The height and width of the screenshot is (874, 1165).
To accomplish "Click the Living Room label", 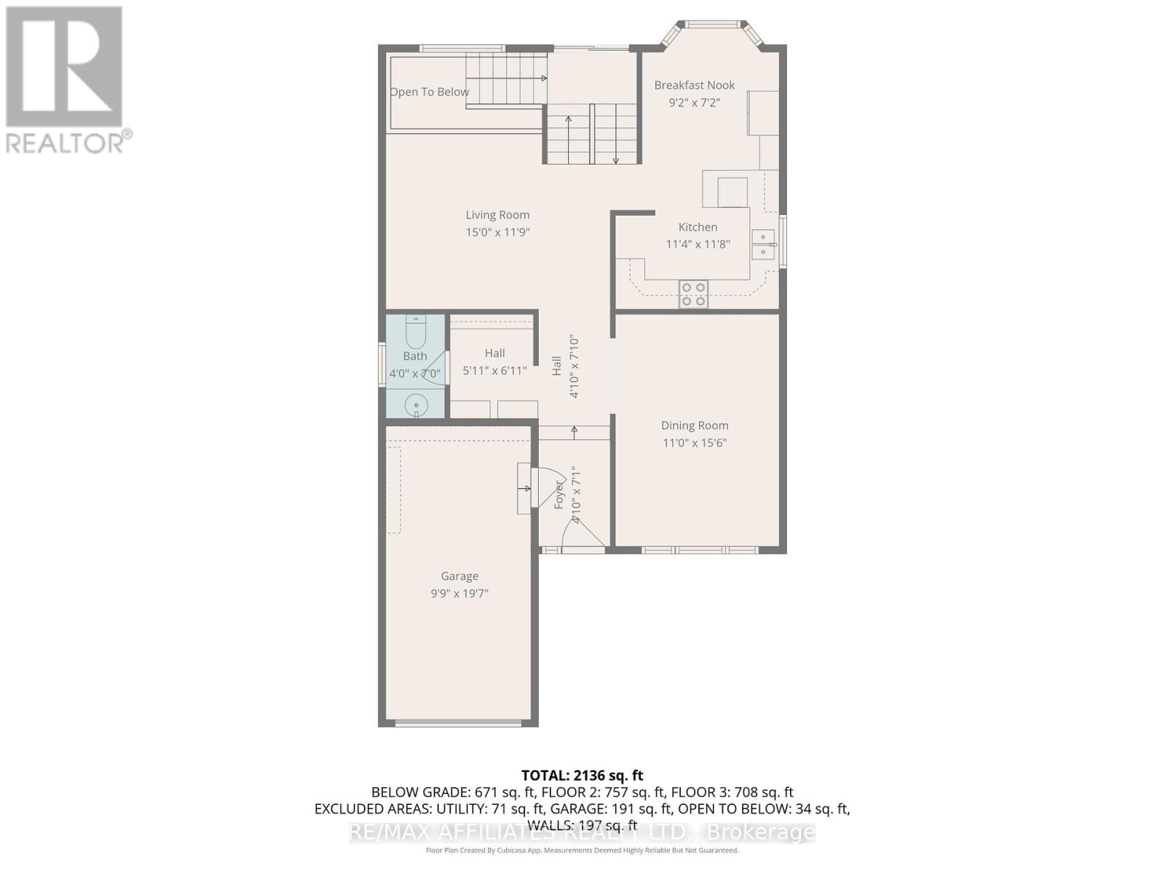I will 497,215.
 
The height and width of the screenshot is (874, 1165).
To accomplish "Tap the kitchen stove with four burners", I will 693,294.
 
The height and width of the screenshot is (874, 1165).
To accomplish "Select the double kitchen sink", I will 763,245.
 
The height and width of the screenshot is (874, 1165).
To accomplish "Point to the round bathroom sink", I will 416,405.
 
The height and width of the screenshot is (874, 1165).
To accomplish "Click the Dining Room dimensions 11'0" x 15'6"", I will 695,443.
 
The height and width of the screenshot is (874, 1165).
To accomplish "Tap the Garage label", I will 459,576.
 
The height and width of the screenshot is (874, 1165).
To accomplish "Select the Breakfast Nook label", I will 694,85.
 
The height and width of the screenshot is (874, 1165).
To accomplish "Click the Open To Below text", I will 430,92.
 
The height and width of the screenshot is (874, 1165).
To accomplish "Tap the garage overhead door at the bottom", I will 459,723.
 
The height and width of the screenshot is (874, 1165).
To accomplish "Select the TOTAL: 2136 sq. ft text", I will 582,776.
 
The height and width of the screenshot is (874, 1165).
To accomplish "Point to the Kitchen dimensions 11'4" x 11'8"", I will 698,245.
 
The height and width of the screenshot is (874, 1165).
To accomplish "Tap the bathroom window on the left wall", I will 382,363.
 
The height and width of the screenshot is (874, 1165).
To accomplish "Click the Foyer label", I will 559,494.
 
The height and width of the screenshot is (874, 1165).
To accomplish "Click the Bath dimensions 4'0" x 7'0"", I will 415,374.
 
